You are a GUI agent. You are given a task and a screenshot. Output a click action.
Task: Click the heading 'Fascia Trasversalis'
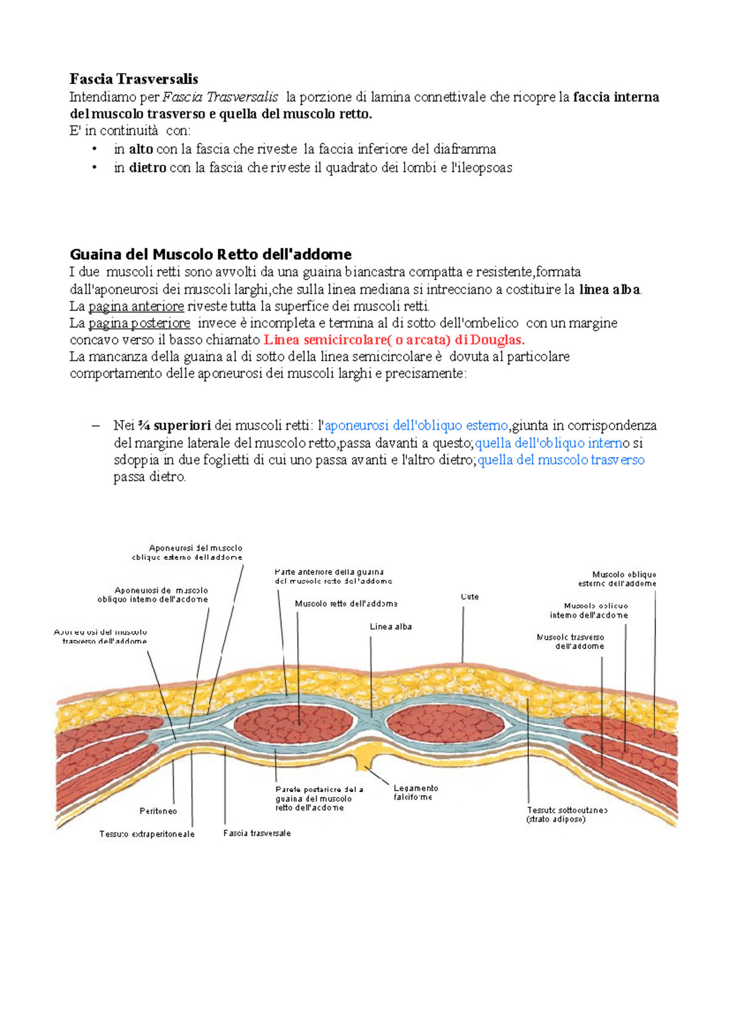tap(134, 79)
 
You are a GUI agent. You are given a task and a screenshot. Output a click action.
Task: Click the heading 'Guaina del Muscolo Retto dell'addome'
tap(210, 254)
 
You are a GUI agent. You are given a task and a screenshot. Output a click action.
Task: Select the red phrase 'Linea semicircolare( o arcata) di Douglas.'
tap(394, 340)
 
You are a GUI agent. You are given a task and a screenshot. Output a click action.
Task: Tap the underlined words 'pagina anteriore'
tap(136, 306)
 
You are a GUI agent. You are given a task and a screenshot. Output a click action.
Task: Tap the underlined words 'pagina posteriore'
tap(139, 323)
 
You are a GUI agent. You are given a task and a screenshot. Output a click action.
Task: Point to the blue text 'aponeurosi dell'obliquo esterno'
tap(416, 425)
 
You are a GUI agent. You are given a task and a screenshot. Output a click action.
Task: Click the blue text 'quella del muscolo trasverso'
tap(561, 460)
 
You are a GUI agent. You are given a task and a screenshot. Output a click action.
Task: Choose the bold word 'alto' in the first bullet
tap(140, 150)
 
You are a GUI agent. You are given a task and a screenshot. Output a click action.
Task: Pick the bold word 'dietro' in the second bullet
tap(147, 168)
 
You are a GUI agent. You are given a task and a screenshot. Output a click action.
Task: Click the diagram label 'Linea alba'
tap(391, 627)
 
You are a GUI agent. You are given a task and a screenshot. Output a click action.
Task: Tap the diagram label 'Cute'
tap(470, 597)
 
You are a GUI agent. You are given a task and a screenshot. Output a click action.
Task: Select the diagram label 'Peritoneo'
tap(158, 811)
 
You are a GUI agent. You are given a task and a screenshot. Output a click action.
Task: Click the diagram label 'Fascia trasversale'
tap(257, 833)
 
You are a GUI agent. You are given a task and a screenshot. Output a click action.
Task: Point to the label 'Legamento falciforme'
tap(416, 793)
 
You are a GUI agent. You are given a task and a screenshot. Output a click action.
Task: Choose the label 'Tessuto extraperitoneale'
tap(147, 834)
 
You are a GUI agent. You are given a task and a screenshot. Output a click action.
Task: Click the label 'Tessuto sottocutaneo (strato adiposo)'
tap(567, 814)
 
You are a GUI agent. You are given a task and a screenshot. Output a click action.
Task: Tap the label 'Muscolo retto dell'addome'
tap(346, 604)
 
